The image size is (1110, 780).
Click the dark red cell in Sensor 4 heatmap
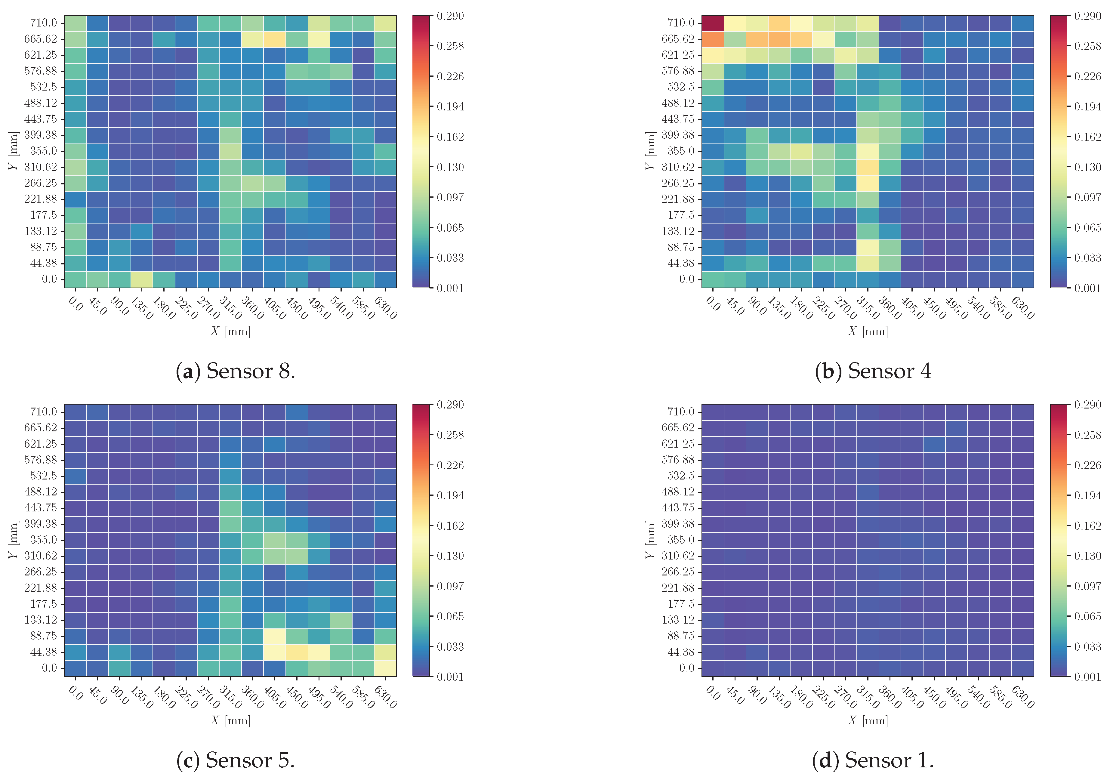(712, 23)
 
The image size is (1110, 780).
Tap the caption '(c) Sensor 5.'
(236, 760)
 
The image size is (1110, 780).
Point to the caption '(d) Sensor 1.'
(873, 760)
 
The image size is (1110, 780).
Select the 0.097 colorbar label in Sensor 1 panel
(1087, 586)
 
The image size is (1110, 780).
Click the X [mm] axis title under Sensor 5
(231, 720)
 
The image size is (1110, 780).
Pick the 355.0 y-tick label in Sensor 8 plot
(44, 151)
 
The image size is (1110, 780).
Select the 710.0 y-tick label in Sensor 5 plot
(44, 412)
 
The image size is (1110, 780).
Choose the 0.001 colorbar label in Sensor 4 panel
(1087, 288)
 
